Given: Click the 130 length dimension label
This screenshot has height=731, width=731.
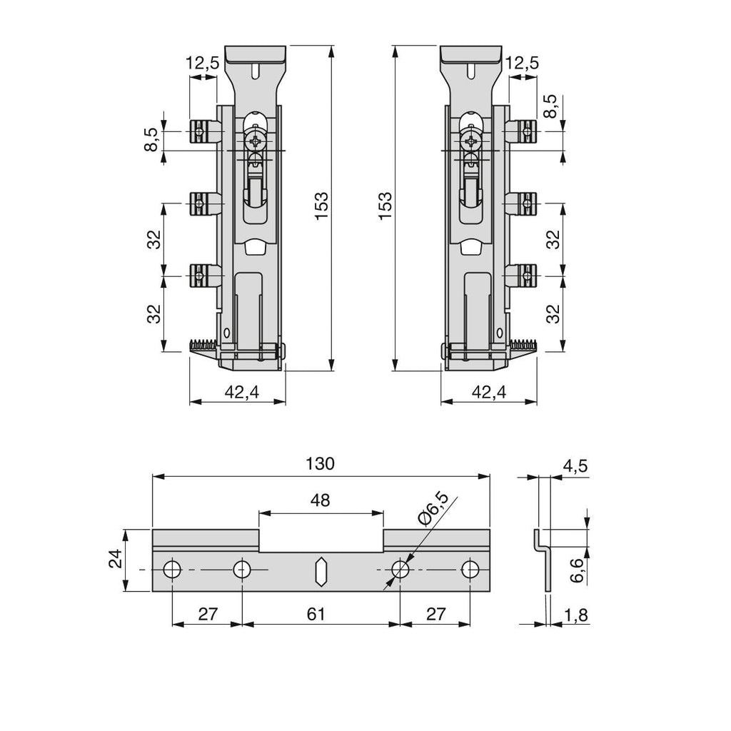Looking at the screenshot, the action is [321, 464].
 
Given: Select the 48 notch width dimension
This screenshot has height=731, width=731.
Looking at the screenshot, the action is [321, 500].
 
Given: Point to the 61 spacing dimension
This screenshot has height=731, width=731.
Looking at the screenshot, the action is [316, 614].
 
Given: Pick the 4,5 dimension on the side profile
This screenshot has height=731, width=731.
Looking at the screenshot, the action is [575, 465].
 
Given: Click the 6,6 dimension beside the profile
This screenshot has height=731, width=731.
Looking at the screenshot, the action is [577, 570].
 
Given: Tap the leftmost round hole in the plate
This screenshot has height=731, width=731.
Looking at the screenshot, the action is [172, 569].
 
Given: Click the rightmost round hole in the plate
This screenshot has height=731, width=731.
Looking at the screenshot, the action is [470, 569].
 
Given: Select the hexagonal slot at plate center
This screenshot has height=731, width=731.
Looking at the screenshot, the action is [321, 570].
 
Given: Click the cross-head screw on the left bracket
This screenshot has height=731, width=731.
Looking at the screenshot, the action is [256, 141].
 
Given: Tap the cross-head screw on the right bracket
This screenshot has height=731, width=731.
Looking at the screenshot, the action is [471, 141].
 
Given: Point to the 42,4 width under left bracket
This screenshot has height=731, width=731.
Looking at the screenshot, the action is [241, 393].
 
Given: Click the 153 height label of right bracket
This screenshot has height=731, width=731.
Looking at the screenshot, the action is [385, 206].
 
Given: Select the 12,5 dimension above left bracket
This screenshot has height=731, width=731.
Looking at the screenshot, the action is [202, 63].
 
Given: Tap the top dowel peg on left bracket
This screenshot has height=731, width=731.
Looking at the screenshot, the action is [205, 132].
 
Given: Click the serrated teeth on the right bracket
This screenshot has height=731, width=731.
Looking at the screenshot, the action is [523, 346].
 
